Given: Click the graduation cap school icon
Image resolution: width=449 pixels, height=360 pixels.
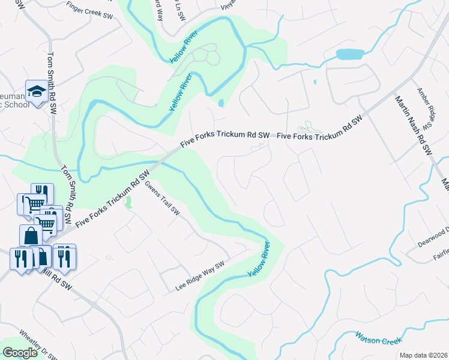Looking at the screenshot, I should pyautogui.click(x=37, y=92).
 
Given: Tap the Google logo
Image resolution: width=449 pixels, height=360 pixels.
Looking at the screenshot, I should pyautogui.click(x=20, y=353).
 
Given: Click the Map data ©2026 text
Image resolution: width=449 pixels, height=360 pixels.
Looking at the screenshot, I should pyautogui.click(x=423, y=355).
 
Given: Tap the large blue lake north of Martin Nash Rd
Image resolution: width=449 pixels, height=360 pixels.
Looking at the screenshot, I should pyautogui.click(x=350, y=54).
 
